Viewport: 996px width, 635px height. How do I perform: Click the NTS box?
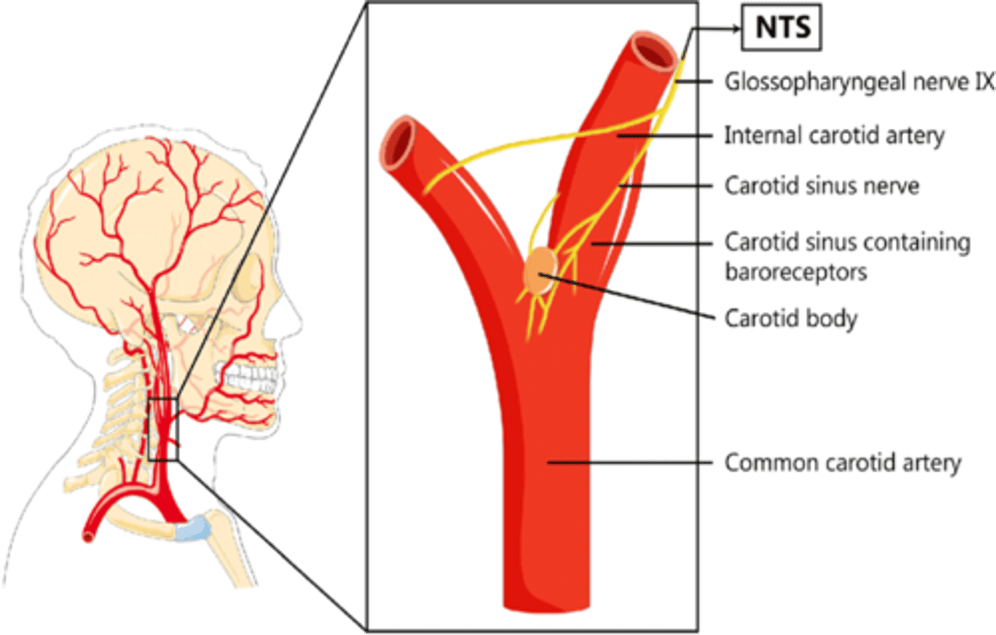point(782,28)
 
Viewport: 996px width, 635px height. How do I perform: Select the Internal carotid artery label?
point(833,136)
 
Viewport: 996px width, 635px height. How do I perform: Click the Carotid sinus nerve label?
point(822,186)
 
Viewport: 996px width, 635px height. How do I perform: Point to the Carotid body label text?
point(791,319)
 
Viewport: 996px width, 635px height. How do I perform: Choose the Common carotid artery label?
point(842,463)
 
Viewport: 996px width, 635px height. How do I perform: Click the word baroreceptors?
point(795,272)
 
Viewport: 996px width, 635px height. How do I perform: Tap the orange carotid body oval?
point(540,272)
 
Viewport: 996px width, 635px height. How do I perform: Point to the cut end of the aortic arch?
point(89,534)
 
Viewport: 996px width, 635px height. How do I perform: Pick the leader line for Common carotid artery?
point(629,462)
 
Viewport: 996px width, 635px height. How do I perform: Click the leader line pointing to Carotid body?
point(629,297)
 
